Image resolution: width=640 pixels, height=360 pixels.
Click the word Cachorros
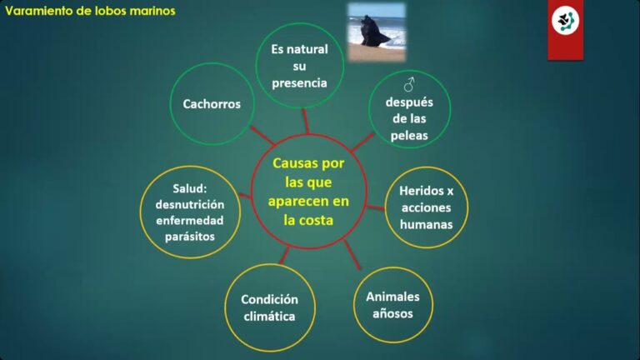(x=212, y=104)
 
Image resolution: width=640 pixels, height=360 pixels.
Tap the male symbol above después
(x=409, y=84)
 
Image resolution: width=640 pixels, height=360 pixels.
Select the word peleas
(x=409, y=136)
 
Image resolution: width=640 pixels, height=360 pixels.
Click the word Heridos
(x=421, y=191)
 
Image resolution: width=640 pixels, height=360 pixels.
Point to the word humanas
(x=426, y=224)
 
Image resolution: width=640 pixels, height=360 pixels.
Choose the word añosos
(x=392, y=313)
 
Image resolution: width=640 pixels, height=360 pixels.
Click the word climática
(x=269, y=317)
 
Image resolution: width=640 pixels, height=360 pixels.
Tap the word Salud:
(x=190, y=188)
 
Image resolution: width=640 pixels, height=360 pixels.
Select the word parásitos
(x=190, y=237)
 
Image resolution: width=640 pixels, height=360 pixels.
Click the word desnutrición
(x=190, y=204)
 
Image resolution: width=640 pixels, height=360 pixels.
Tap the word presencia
(x=300, y=83)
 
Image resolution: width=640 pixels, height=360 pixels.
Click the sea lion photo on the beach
(x=377, y=32)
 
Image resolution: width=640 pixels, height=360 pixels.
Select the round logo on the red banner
(x=565, y=20)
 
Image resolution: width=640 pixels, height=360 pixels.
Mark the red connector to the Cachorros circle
(x=262, y=136)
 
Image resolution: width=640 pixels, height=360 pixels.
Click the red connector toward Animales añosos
(x=352, y=255)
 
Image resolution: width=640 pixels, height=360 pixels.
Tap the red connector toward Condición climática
(x=284, y=255)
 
